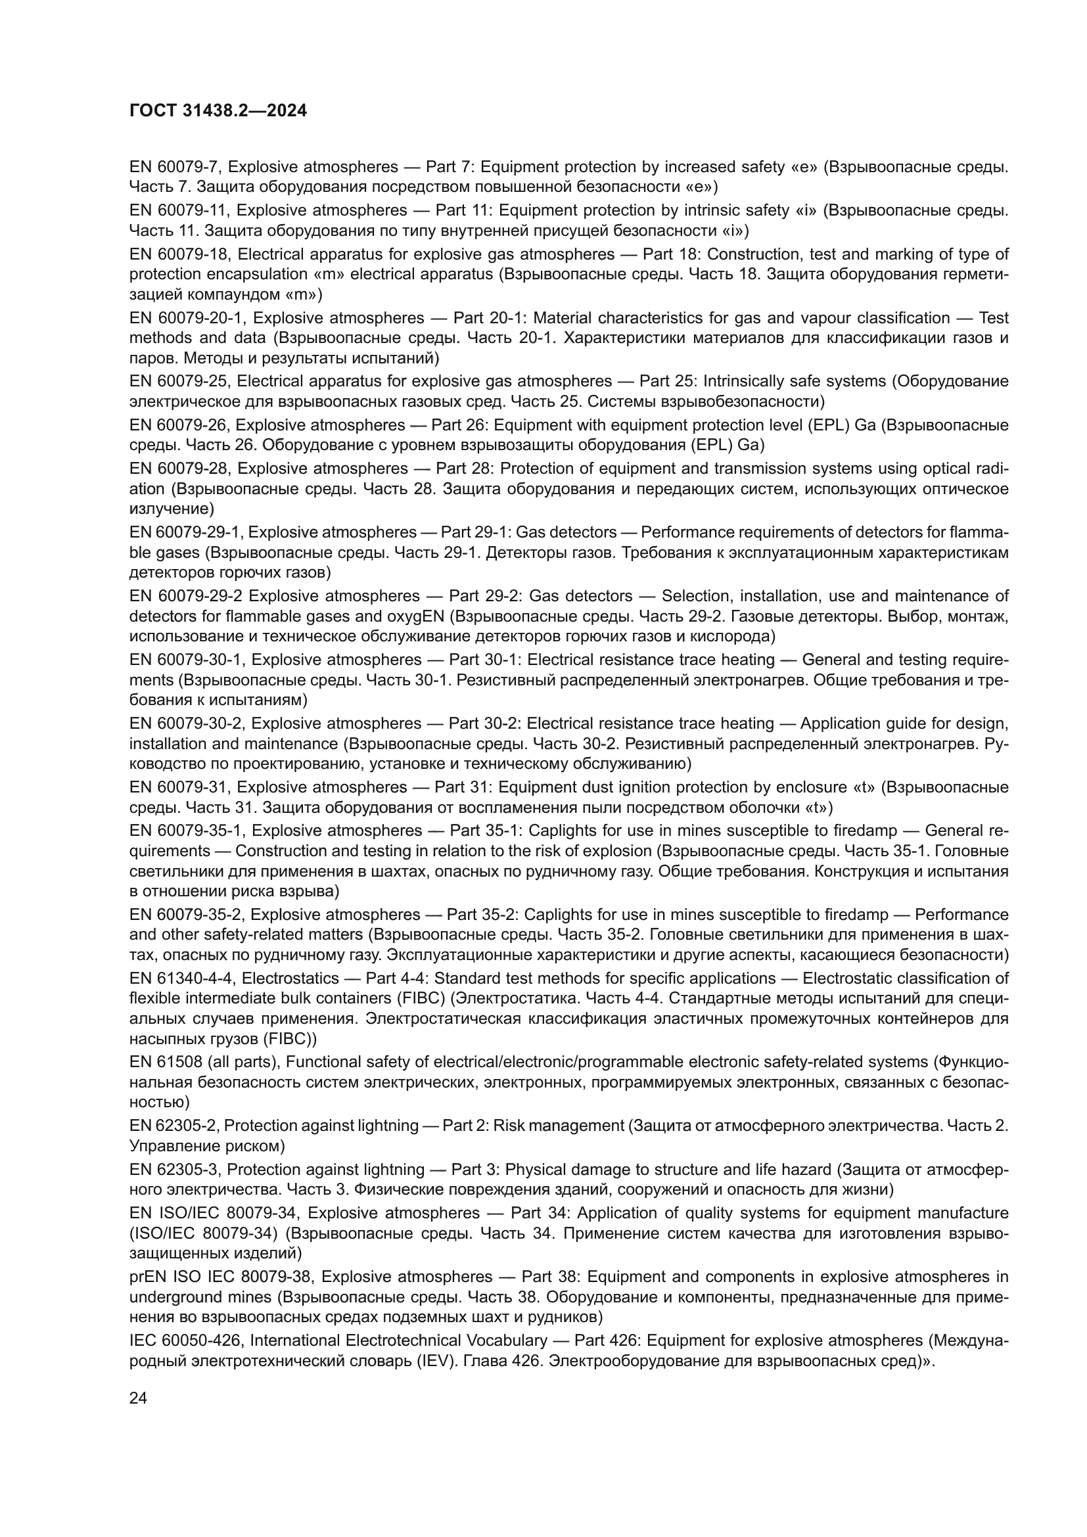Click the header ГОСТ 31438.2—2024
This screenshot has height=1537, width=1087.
point(218,110)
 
